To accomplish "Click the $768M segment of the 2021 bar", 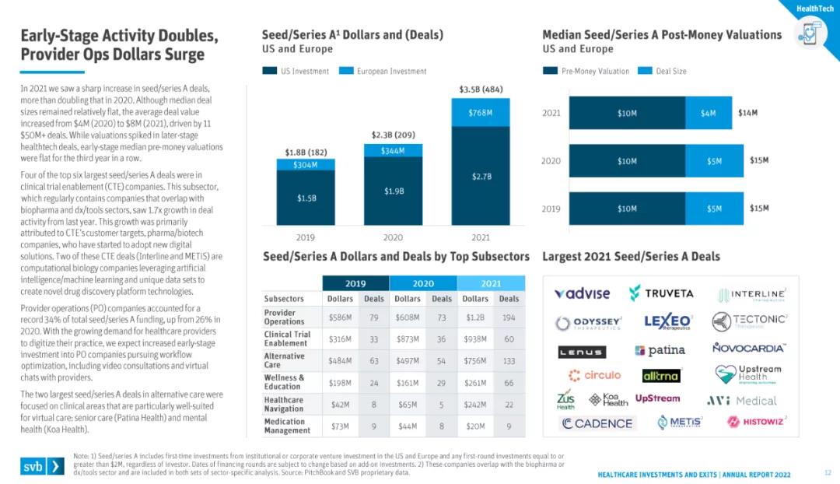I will point(480,112).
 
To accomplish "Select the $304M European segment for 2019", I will point(306,164).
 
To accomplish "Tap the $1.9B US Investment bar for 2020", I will point(393,191).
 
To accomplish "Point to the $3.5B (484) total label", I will point(481,89).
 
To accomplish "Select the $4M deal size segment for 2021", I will point(708,113).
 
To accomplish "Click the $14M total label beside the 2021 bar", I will point(747,113).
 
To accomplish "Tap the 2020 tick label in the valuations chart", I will point(551,161).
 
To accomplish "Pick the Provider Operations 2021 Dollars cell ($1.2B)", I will point(476,317).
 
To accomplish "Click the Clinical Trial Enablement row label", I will point(287,338).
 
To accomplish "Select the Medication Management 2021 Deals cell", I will point(509,426).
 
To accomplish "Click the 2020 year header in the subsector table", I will point(422,283).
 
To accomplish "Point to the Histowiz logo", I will point(757,422).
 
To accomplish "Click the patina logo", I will point(660,350).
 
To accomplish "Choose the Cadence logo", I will point(597,423).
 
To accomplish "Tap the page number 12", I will point(828,472).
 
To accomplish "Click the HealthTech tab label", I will point(815,8).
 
